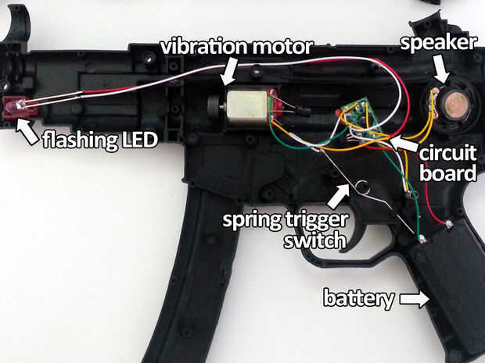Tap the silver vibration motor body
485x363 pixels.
(246, 106)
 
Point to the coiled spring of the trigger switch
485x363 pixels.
(363, 187)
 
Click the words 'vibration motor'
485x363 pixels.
(236, 46)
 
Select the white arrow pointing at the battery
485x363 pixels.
(415, 297)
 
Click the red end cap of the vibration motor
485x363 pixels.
(274, 105)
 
